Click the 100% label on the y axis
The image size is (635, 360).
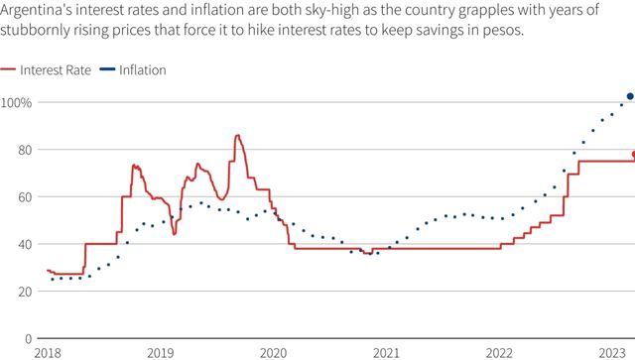tap(17, 103)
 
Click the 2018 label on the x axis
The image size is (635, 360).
tap(47, 352)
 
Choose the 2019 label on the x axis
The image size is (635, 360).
tap(160, 352)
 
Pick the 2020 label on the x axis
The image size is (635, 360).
tap(273, 352)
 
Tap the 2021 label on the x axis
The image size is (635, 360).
tap(386, 352)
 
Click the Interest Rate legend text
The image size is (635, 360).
tap(56, 70)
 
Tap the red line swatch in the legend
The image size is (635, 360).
tap(8, 70)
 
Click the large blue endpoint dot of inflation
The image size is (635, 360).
tap(630, 96)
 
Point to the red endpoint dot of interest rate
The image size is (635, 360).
tap(632, 154)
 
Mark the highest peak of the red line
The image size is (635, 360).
tap(237, 136)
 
